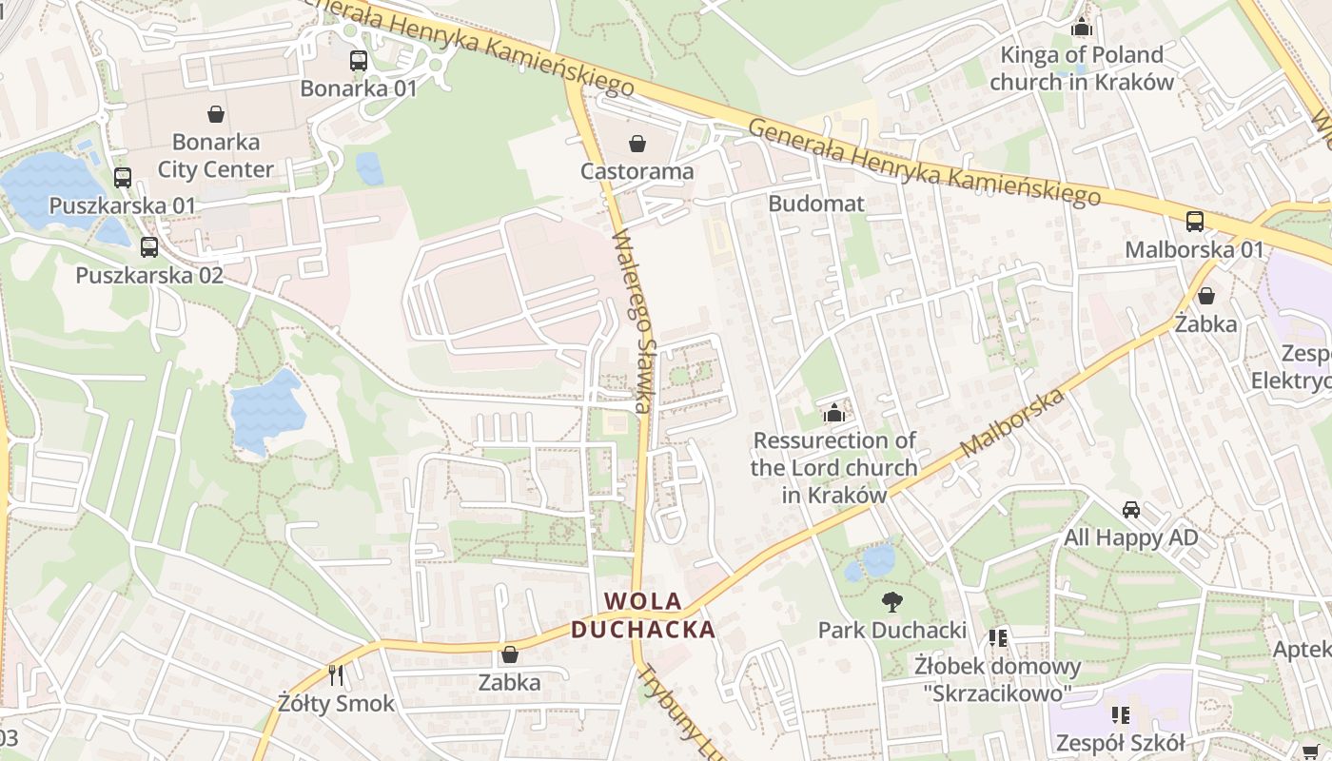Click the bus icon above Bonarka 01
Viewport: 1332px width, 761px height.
click(359, 61)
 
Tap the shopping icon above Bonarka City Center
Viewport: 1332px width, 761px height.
click(216, 114)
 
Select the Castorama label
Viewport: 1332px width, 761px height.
click(637, 172)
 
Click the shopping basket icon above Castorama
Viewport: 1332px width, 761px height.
click(637, 144)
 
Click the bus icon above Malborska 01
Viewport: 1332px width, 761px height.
click(1194, 222)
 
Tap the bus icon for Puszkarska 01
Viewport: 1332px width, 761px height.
click(122, 177)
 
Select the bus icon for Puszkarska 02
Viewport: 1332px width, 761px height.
click(148, 247)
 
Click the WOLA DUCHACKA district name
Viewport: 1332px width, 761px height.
click(643, 615)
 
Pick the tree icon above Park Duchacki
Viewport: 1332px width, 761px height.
click(891, 601)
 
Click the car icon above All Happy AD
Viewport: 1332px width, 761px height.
click(1130, 509)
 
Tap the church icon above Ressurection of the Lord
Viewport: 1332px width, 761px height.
click(834, 412)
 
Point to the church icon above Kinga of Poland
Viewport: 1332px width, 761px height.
click(1081, 27)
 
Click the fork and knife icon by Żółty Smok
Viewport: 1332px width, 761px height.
click(335, 675)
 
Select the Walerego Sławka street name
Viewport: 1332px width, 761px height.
click(631, 323)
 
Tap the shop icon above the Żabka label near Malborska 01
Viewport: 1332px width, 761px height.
click(1205, 296)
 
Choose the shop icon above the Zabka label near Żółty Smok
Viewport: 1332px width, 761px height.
click(509, 654)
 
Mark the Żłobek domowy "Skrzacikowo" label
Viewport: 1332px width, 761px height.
click(997, 679)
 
